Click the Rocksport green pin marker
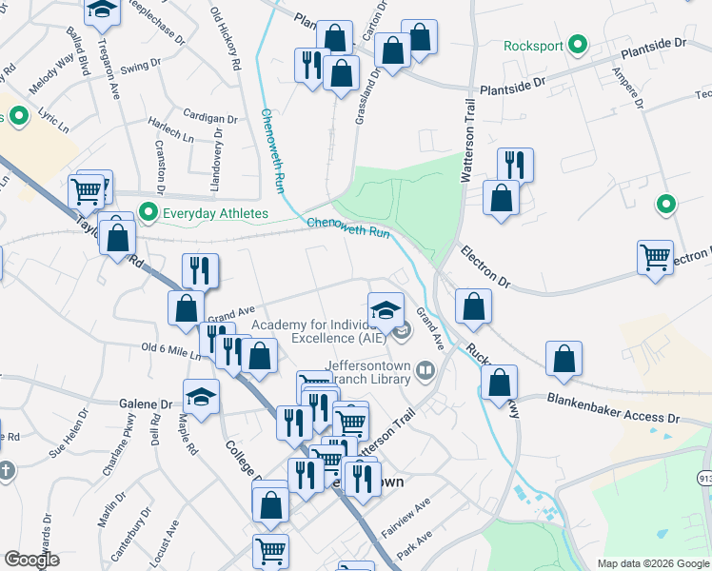[575, 45]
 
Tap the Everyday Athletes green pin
[148, 212]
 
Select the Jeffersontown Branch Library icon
[425, 370]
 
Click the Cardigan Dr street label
[210, 120]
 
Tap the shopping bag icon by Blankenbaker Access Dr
[564, 359]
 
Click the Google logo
[31, 560]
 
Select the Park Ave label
[414, 550]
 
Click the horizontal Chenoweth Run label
[348, 227]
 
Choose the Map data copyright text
[652, 563]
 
